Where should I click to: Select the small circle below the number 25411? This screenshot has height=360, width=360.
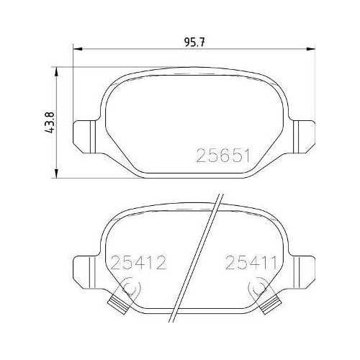pyautogui.click(x=256, y=287)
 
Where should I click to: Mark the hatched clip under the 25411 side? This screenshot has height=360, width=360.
pyautogui.click(x=269, y=303)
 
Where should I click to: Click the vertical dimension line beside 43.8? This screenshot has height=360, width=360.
pyautogui.click(x=56, y=122)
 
